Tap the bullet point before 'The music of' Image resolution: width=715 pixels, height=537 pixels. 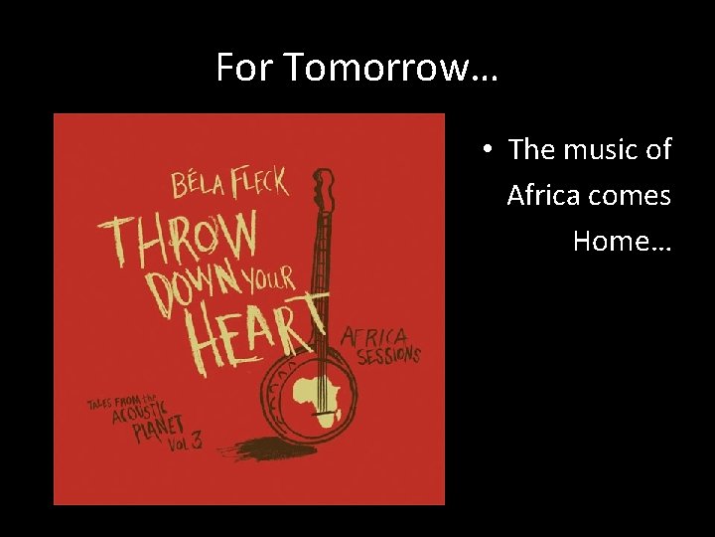[487, 150]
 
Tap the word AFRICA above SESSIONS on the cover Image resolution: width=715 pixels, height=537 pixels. [375, 336]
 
